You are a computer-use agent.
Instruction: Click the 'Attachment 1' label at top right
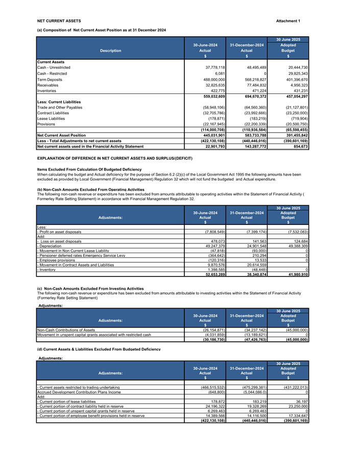pyautogui.click(x=288, y=21)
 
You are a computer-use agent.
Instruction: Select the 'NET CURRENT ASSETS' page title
pyautogui.click(x=59, y=21)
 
